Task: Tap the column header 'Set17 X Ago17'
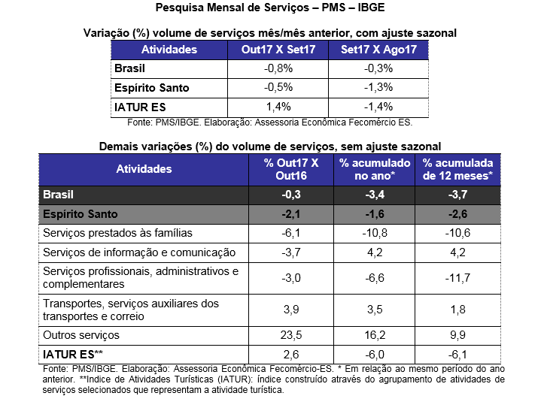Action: pos(373,50)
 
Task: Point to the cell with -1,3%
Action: pos(373,87)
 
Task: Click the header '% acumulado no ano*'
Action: pos(375,169)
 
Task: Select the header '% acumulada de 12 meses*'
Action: pos(457,169)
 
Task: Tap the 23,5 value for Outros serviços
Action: pos(291,334)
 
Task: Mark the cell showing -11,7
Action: pos(457,277)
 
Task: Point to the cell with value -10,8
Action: pos(375,233)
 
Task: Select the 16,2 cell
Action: pos(375,334)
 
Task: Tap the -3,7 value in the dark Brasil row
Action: pos(457,195)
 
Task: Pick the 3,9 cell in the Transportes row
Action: pos(291,309)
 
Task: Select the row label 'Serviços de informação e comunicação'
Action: pos(140,252)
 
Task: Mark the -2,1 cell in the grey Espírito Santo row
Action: pos(291,214)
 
